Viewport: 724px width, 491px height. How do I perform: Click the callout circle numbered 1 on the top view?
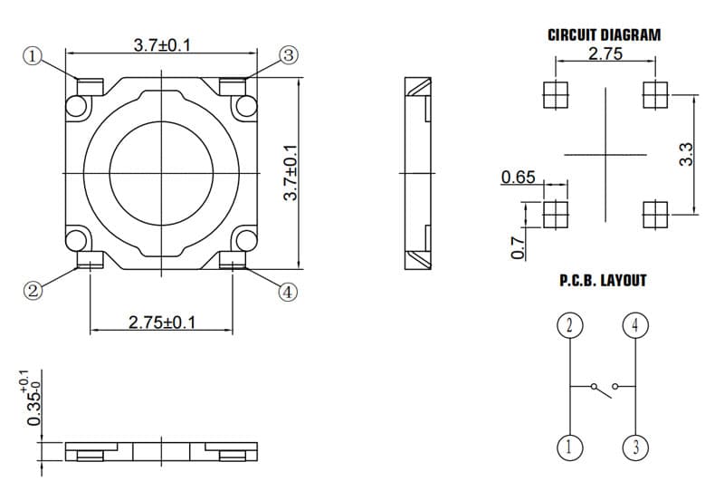click(x=33, y=56)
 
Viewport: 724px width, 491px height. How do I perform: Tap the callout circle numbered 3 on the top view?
click(x=289, y=55)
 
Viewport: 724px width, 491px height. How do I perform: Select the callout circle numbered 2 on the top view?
click(x=33, y=291)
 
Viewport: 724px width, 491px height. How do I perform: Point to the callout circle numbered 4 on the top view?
click(x=288, y=293)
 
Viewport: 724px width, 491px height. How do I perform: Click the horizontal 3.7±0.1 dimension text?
click(x=162, y=45)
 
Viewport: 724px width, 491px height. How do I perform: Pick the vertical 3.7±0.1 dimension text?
click(x=291, y=172)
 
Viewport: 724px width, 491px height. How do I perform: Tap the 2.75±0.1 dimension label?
click(x=162, y=323)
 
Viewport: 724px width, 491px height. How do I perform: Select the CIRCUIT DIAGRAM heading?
click(x=604, y=35)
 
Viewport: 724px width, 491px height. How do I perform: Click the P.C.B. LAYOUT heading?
click(x=603, y=281)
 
